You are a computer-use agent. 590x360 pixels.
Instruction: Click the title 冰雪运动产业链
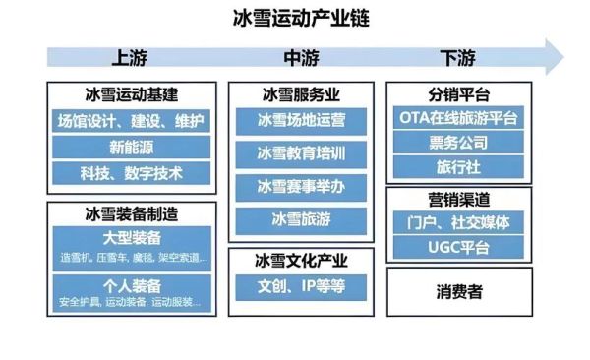294,18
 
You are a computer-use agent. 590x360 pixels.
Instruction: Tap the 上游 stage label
131,57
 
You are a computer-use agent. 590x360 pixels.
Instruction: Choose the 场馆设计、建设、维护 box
131,122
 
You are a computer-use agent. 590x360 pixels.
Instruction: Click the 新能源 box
131,148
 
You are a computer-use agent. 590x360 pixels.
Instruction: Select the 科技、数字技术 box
131,173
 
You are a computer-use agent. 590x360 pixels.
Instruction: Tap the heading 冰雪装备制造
131,211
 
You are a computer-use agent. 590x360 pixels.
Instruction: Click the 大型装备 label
131,239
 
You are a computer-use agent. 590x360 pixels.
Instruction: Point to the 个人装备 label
131,286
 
